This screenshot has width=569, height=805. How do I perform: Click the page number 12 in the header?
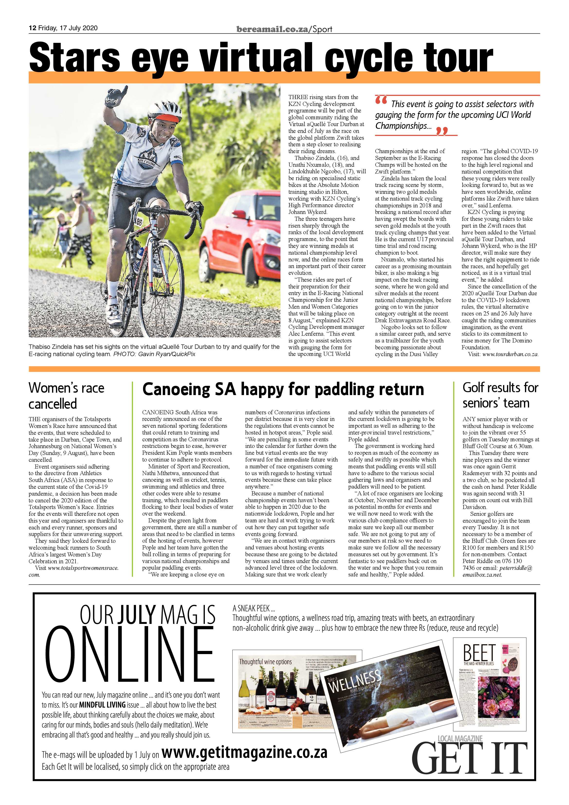pos(32,28)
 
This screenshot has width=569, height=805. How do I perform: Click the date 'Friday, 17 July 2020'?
pos(68,28)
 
